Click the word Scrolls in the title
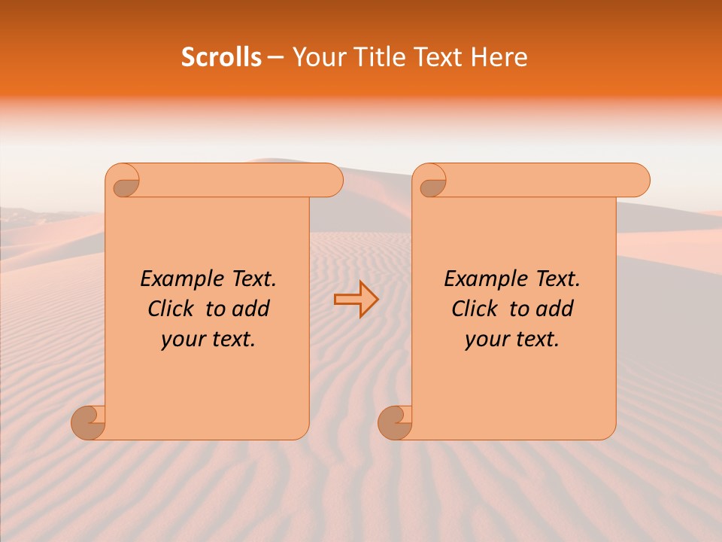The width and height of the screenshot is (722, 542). click(x=221, y=57)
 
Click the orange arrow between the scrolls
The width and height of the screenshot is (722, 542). click(x=356, y=300)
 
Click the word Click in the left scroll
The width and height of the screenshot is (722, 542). click(x=165, y=309)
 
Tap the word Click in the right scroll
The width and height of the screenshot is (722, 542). click(x=469, y=309)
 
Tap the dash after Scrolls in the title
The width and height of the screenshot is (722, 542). click(x=275, y=58)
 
